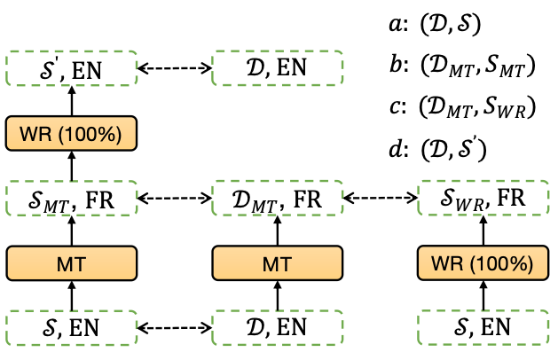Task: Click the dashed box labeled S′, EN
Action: (x=71, y=68)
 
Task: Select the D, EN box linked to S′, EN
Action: (x=277, y=68)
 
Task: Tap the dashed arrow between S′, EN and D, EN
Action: (x=174, y=68)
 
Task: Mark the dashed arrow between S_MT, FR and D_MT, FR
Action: (x=174, y=196)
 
